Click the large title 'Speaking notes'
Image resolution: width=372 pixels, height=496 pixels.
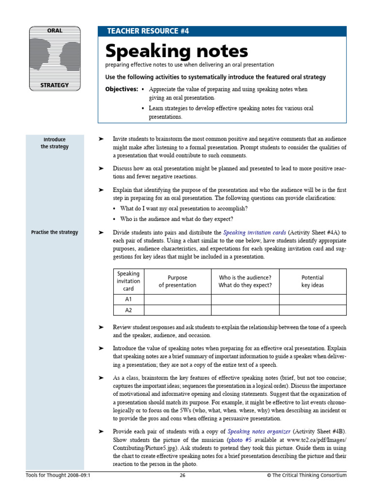(x=176, y=51)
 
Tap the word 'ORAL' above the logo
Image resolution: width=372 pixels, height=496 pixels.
(x=54, y=31)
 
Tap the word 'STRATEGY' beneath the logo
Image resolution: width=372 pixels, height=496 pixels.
(x=54, y=85)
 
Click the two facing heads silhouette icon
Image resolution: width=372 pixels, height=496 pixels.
(x=54, y=58)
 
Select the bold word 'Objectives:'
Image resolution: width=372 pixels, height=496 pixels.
(x=122, y=90)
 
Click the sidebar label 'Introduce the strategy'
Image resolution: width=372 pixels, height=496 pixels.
(x=54, y=143)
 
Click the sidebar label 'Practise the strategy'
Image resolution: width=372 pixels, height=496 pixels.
(x=54, y=232)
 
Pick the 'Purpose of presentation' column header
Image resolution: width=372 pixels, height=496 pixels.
(x=177, y=281)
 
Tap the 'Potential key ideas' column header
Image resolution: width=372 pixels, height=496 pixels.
(x=312, y=281)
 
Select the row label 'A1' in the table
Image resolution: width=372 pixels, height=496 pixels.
(x=128, y=300)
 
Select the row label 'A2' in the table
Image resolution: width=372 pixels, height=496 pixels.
(x=128, y=310)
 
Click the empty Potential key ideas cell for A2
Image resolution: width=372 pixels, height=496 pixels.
(x=312, y=310)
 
